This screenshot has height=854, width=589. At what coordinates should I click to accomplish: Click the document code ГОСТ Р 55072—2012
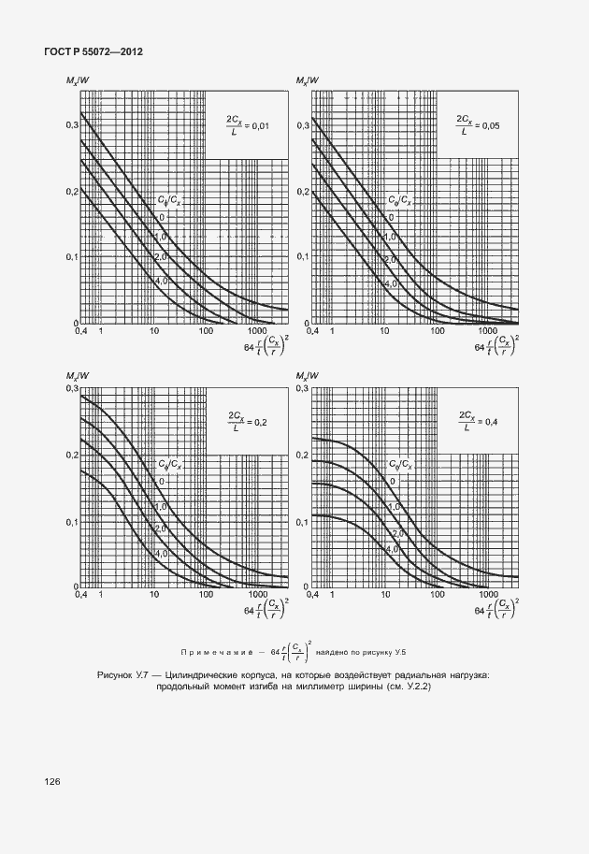coord(93,51)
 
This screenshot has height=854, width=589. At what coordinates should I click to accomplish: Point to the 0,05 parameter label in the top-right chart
coord(489,124)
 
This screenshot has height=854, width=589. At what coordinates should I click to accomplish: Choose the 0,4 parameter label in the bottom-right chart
coord(489,422)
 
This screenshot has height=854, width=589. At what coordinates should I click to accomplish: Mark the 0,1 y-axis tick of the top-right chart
coord(302,256)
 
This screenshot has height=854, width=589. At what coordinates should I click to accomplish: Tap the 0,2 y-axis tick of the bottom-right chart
coord(302,455)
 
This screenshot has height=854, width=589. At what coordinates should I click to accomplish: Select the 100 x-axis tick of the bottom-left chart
coord(206,595)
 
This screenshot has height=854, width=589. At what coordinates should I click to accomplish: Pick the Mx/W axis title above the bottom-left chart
coord(79,376)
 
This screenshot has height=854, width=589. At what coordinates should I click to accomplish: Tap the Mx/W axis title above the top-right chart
coord(309,81)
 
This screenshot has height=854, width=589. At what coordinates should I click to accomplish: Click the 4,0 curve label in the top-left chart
coord(161,282)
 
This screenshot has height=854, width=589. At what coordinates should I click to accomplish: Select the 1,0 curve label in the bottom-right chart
coord(394,506)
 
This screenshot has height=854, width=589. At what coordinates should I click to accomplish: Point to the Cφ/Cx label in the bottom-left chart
coord(169,463)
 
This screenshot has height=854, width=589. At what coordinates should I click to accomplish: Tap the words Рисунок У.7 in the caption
coord(125,674)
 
